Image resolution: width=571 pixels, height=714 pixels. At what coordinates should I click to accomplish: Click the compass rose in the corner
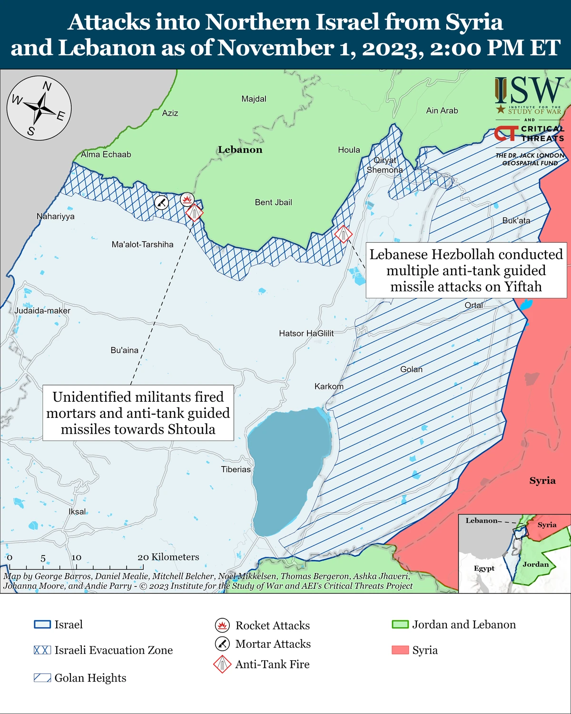[39, 108]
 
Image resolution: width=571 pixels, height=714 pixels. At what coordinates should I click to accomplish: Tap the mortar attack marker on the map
[162, 202]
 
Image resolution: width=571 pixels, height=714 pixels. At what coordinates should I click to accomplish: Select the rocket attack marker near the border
[187, 199]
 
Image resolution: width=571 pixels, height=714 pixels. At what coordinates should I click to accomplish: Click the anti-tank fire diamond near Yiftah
[343, 234]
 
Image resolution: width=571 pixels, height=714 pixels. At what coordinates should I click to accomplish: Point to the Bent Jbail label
[273, 202]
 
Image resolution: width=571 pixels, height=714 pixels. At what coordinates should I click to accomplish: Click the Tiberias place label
[236, 469]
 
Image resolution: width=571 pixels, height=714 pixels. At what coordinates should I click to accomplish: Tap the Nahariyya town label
[56, 217]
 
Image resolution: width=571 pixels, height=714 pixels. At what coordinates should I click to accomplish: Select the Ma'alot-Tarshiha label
[142, 245]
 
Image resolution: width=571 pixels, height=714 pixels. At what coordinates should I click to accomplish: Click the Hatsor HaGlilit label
[306, 334]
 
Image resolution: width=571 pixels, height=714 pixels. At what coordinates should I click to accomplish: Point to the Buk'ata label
[516, 221]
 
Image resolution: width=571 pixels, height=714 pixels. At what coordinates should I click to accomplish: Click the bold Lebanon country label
[240, 150]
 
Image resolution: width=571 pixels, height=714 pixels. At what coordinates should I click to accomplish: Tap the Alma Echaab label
[106, 155]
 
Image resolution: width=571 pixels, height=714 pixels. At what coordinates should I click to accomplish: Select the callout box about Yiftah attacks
[466, 270]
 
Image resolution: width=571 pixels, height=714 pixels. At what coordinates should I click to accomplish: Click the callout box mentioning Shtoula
[138, 413]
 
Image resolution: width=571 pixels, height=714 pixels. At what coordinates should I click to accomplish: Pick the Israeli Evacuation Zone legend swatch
[42, 650]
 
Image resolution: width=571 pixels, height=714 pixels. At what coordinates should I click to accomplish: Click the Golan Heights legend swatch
[42, 678]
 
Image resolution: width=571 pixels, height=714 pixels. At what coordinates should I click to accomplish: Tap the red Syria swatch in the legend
[400, 650]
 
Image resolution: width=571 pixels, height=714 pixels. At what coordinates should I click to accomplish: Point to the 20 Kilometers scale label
[168, 557]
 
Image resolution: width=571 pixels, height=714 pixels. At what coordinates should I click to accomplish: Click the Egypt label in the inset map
[484, 568]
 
